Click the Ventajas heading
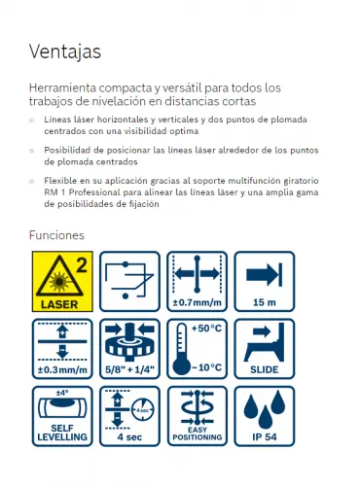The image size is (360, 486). (65, 52)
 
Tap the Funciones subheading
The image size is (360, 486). (56, 235)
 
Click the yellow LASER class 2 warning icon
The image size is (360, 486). (62, 281)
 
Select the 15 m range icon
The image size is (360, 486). (265, 281)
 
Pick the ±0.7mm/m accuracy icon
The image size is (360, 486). (198, 281)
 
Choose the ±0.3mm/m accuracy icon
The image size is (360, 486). (62, 349)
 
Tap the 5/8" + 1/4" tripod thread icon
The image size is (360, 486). (129, 349)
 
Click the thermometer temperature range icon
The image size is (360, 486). (198, 349)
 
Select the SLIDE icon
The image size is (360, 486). (265, 349)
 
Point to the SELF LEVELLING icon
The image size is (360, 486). (62, 416)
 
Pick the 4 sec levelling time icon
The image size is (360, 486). (129, 416)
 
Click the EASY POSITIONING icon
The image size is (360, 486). (198, 416)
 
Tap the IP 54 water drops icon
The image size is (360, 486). (265, 416)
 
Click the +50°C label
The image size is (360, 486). (206, 329)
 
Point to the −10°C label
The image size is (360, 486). (206, 367)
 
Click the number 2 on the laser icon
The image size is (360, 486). (82, 265)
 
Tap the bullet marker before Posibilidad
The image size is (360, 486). (32, 151)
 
